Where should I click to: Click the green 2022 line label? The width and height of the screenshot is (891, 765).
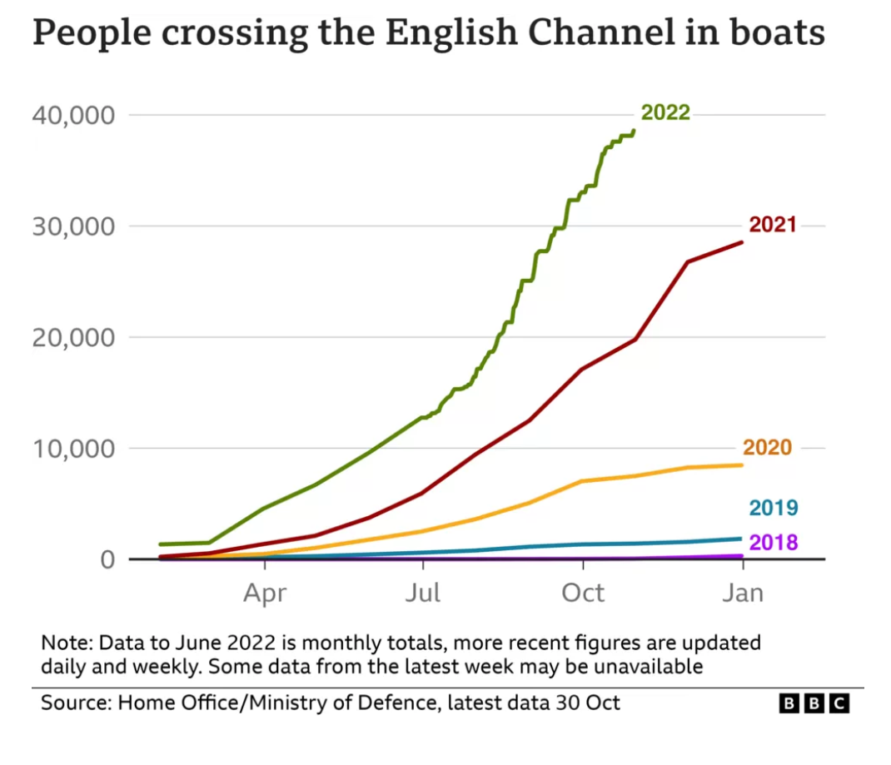pos(665,112)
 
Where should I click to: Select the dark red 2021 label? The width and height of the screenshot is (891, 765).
pos(772,225)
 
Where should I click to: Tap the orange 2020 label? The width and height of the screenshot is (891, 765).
pos(767,447)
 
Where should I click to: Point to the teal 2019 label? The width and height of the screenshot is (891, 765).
pos(774,508)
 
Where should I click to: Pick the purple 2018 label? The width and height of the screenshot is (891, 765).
pos(774,543)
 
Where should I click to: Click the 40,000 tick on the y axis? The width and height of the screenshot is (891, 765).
pos(72,115)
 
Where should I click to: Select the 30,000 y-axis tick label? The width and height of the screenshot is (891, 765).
pos(72,226)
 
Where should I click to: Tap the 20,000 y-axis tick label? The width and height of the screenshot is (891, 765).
pos(72,337)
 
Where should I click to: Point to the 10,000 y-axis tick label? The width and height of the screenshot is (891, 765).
pos(72,449)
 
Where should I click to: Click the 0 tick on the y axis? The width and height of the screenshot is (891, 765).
pos(107,559)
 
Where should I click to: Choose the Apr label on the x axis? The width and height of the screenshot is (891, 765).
pos(265,594)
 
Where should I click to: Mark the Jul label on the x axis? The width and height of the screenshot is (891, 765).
pos(423,594)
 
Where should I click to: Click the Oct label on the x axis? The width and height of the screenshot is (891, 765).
pos(582,594)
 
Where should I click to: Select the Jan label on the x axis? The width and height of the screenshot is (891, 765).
pos(742,594)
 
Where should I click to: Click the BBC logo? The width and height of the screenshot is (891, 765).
pos(814,703)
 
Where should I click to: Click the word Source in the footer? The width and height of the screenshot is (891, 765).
pos(73,703)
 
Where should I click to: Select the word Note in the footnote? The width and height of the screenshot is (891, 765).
pos(65,643)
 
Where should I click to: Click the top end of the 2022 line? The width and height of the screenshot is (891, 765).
pos(635,130)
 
